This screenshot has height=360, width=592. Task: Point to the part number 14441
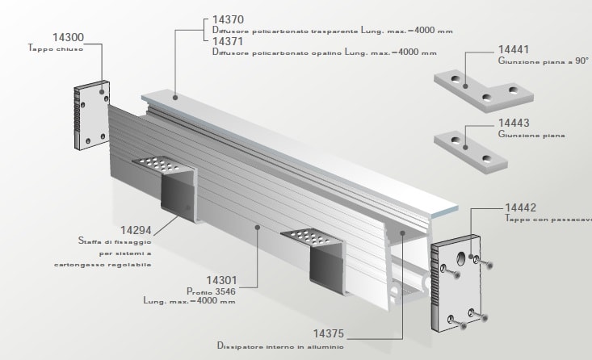(515, 48)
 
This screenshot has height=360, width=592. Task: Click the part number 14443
(515, 123)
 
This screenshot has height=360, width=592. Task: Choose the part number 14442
(521, 207)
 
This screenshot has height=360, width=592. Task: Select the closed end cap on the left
(93, 115)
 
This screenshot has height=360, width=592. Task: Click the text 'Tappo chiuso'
(50, 49)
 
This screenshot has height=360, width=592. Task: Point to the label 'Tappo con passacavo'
(547, 219)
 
